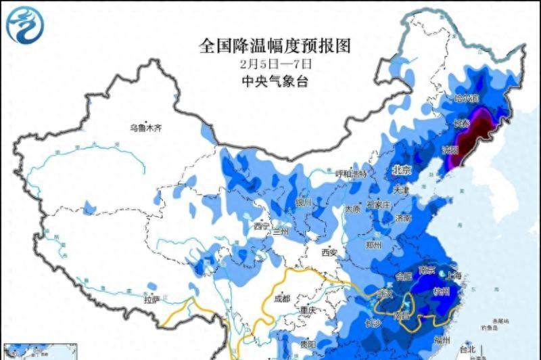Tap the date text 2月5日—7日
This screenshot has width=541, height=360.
275,64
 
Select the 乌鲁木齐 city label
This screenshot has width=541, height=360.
147,127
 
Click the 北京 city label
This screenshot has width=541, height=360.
403,170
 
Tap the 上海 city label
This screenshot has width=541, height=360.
453,275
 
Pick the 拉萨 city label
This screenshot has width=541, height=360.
151,298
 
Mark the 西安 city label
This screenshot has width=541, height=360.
329,252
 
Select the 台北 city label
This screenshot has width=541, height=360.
467,349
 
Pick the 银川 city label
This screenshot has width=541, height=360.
304,202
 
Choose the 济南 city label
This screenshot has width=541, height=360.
404,219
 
